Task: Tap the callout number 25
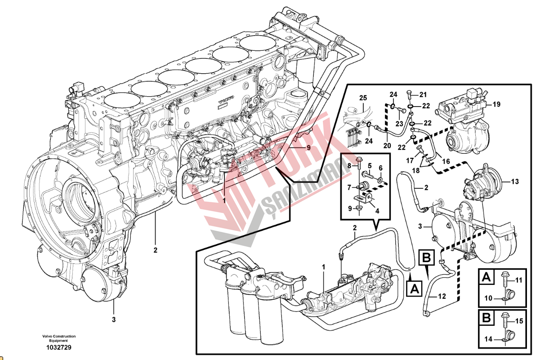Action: pyautogui.click(x=363, y=98)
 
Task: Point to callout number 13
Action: pyautogui.click(x=514, y=182)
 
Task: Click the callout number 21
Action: pyautogui.click(x=423, y=94)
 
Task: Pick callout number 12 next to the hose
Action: pyautogui.click(x=442, y=296)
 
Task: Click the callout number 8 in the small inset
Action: pyautogui.click(x=349, y=166)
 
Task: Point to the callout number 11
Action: pyautogui.click(x=519, y=280)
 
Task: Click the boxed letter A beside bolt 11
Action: pyautogui.click(x=486, y=278)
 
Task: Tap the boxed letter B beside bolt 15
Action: pyautogui.click(x=486, y=318)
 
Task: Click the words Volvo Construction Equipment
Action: pyautogui.click(x=59, y=338)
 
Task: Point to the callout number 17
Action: pyautogui.click(x=410, y=160)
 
